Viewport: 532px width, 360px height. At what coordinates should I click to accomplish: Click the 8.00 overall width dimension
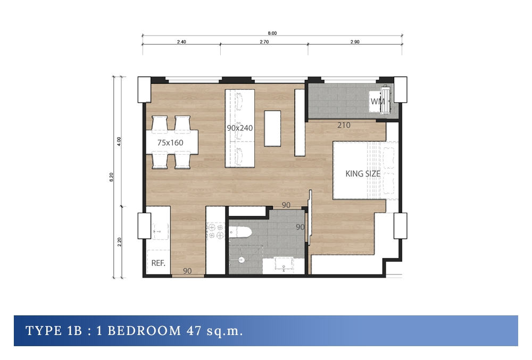coord(272,33)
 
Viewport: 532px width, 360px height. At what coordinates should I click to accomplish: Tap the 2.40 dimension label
coord(181,42)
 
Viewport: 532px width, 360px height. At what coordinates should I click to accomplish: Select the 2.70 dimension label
coord(264,42)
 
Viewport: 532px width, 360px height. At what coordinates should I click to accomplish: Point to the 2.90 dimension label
coord(355,42)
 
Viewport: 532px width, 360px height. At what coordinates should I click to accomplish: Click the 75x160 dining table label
coord(170,143)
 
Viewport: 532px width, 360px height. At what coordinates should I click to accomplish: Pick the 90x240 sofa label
coord(240,128)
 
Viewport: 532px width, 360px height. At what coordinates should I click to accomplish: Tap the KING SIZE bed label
coord(363,174)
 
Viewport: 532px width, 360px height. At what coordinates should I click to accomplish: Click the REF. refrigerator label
coord(158,263)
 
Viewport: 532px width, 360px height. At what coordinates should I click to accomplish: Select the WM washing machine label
coord(377,102)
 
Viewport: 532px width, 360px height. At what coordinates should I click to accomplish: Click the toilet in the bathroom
coord(240,232)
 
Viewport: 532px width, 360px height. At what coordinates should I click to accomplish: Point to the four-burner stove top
coord(215,231)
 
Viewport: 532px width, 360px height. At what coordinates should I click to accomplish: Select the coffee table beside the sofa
coord(272,129)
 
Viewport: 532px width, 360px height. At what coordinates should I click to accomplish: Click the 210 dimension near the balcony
coord(344,125)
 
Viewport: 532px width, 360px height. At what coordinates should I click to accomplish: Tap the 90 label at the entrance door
coord(187,271)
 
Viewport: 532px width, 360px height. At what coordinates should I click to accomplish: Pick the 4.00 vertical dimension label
coord(119,141)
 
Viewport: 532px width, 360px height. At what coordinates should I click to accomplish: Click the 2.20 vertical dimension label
coord(119,242)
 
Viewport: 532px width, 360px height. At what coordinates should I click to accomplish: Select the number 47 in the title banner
coord(194,331)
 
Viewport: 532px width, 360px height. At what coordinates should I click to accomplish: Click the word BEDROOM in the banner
coord(144,331)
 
